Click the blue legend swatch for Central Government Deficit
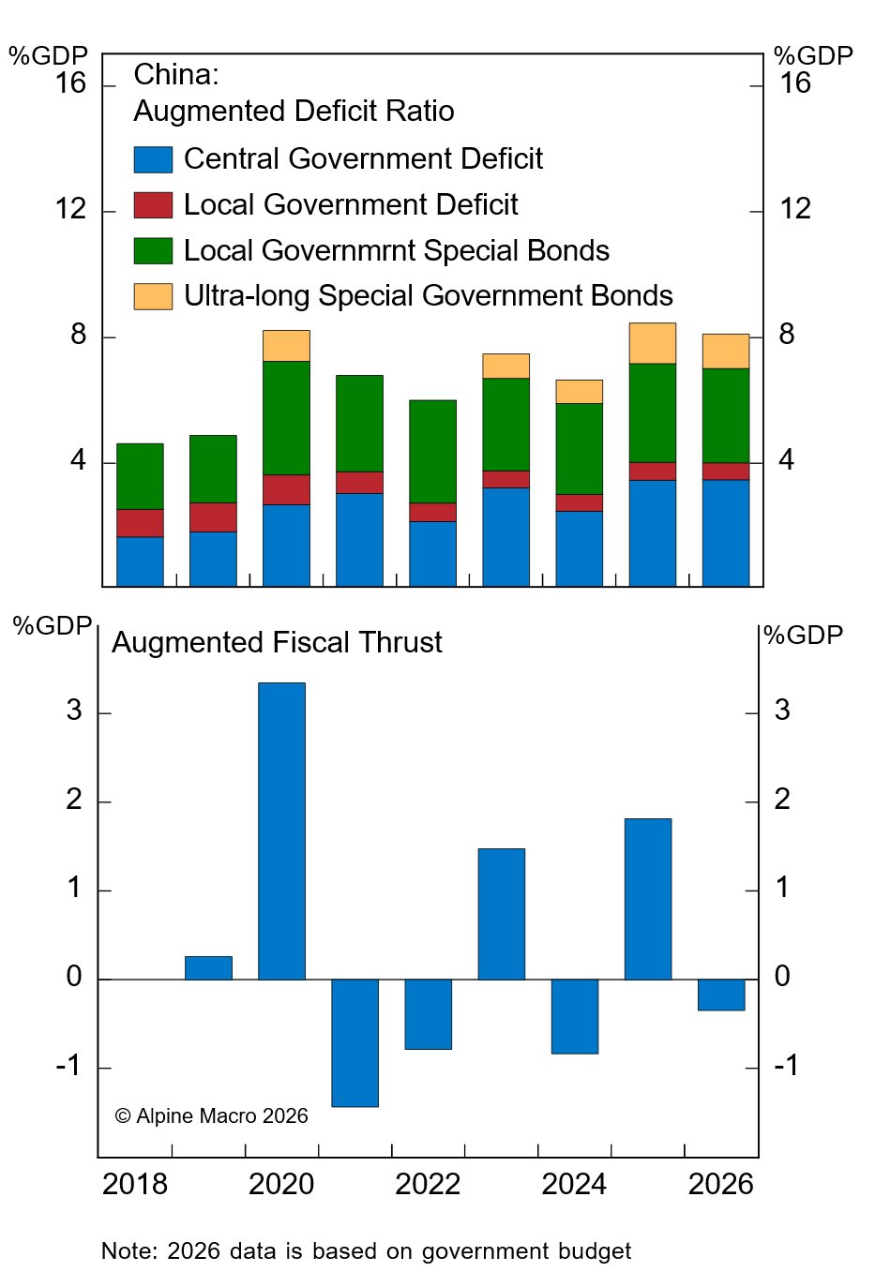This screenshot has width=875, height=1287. tap(153, 159)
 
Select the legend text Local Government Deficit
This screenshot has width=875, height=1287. tap(351, 204)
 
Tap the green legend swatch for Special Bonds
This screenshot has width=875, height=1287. tap(153, 250)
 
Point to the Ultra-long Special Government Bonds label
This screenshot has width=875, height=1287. tap(428, 296)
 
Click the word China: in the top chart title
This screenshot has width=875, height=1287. tap(176, 75)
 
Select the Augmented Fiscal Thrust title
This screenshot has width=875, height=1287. tap(277, 642)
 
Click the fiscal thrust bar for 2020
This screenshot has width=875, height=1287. tap(281, 831)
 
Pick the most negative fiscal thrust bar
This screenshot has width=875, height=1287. tap(355, 1042)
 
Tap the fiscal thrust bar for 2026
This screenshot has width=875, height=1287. tap(721, 995)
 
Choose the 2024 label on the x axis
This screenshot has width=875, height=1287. tap(574, 1184)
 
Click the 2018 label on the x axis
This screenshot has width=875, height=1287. tap(135, 1184)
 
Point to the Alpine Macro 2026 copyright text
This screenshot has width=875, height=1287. tap(212, 1115)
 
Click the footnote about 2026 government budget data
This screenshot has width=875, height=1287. tap(366, 1251)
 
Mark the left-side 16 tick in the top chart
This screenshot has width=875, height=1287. tap(70, 84)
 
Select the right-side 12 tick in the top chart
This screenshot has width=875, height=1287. tap(794, 209)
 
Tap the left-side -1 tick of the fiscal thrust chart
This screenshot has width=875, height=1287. tap(68, 1067)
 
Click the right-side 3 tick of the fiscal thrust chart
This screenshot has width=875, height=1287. tap(782, 711)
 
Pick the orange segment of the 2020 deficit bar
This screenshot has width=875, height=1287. tap(286, 346)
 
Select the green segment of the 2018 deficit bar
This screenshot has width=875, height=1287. tap(140, 476)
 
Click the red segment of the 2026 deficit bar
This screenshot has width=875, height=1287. tap(726, 471)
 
